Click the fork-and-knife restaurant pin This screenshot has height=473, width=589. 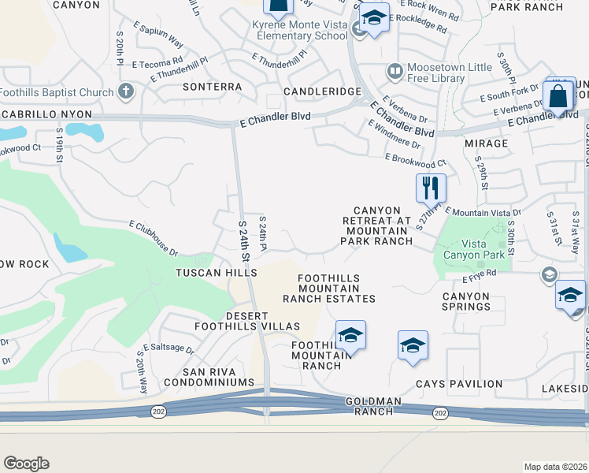(431, 188)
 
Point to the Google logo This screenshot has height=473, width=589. (26, 464)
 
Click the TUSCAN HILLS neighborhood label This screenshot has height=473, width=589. (216, 272)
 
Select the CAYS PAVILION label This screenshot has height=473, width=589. (459, 384)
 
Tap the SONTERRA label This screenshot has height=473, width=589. (212, 87)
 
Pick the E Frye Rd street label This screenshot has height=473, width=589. (480, 274)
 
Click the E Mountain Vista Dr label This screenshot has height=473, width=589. (483, 212)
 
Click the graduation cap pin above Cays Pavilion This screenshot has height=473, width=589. (413, 346)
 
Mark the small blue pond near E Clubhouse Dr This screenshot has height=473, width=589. (70, 252)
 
